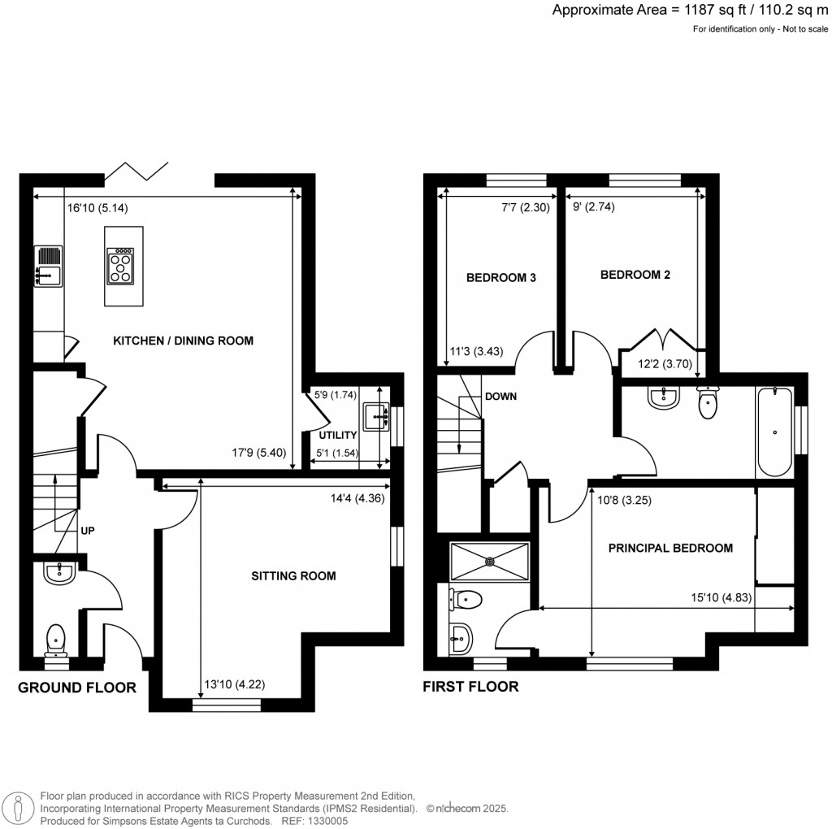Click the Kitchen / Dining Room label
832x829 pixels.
point(183,341)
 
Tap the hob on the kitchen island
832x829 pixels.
point(120,266)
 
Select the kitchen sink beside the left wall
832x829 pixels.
point(48,267)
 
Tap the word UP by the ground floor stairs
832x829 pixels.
point(88,531)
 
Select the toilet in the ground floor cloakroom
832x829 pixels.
point(56,636)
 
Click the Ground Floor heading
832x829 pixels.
point(77,688)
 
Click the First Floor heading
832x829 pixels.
point(470,687)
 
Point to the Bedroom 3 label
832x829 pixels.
point(500,278)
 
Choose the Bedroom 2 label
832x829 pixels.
point(635,275)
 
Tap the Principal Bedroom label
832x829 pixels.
point(670,548)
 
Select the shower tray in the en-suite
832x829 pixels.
point(490,561)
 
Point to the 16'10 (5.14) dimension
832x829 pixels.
point(98,207)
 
